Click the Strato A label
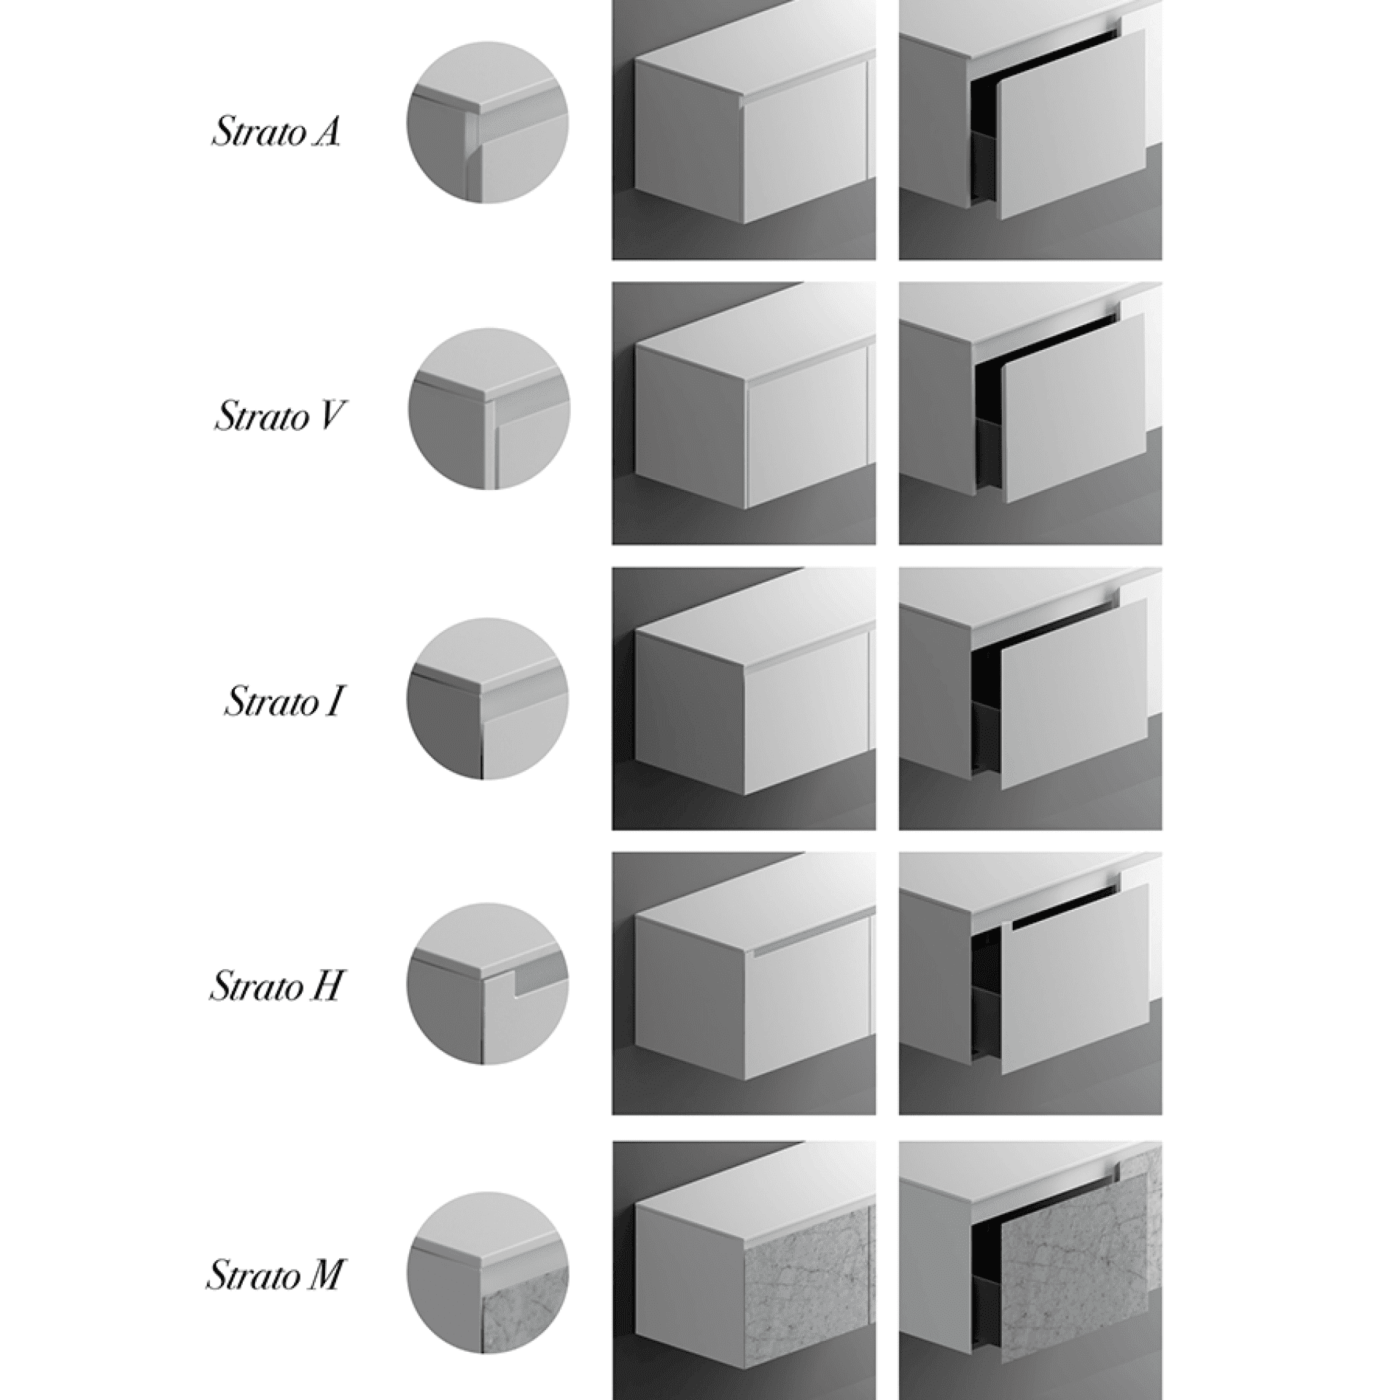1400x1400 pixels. (x=276, y=133)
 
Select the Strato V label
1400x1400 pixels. (x=276, y=418)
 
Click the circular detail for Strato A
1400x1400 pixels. (x=487, y=122)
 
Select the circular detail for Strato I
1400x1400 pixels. (x=487, y=699)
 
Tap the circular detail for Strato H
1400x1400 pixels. (x=487, y=984)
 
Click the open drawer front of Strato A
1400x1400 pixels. (x=1072, y=124)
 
